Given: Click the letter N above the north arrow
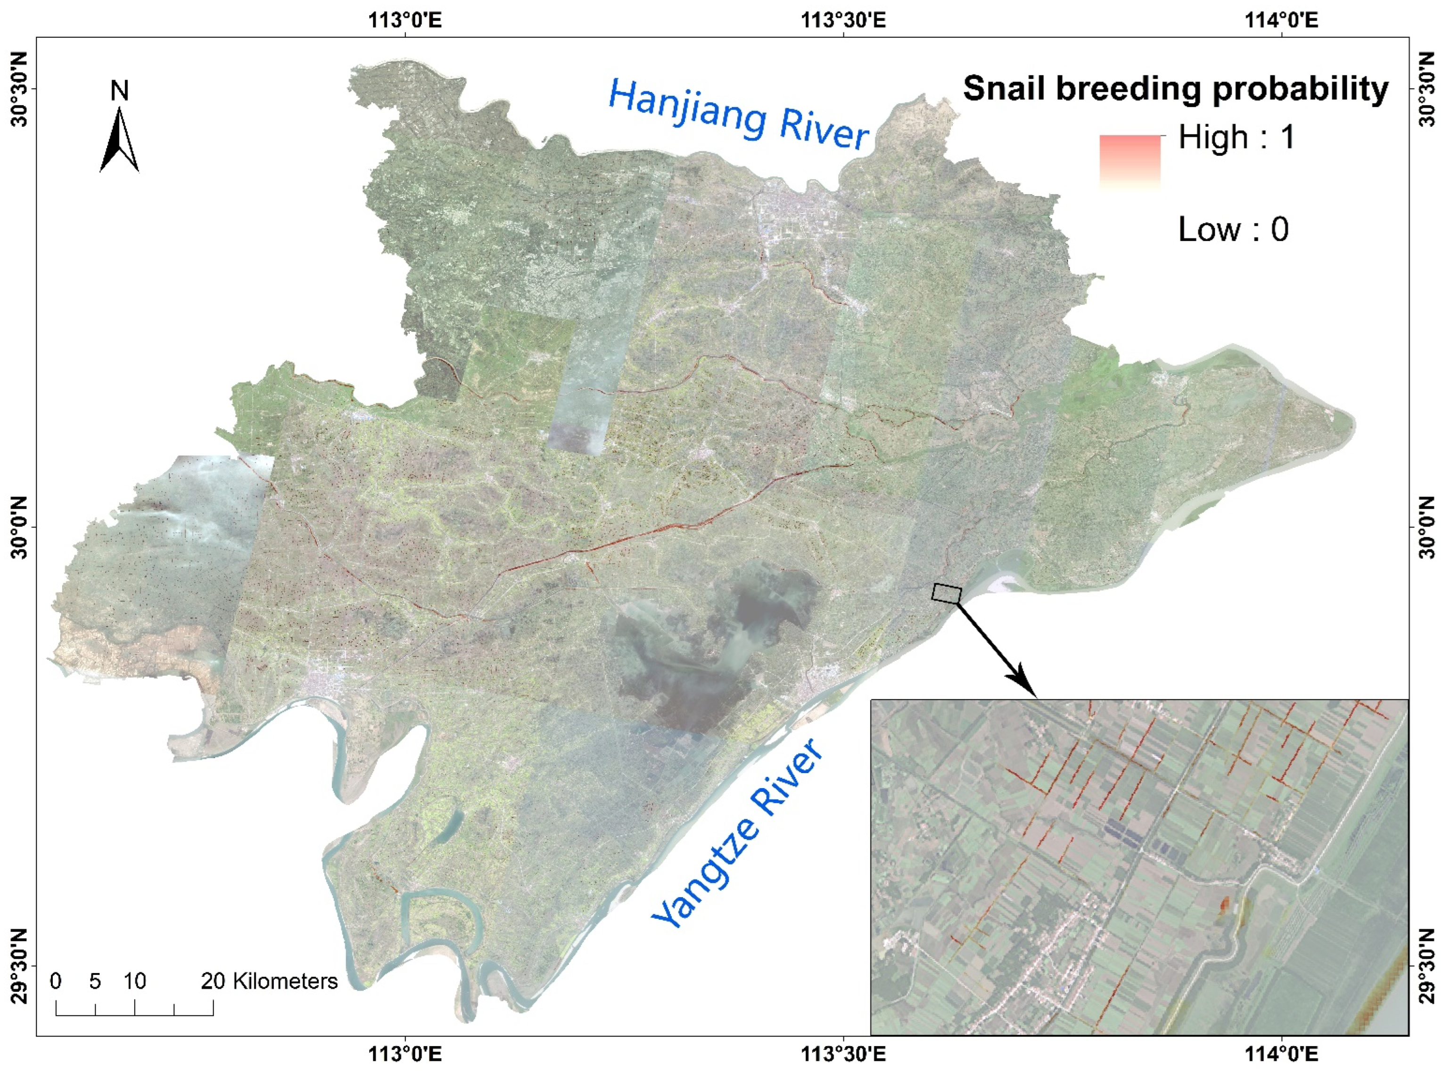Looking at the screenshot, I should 119,91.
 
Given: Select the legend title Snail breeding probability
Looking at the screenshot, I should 1175,88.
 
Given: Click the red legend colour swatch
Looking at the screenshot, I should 1129,162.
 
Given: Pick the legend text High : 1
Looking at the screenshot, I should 1236,138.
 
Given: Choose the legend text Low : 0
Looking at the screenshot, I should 1233,230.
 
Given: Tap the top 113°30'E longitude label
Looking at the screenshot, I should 843,20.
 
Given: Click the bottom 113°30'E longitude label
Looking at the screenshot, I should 843,1054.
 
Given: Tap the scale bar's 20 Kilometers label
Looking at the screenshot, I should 269,981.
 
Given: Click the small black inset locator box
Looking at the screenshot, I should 946,593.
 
